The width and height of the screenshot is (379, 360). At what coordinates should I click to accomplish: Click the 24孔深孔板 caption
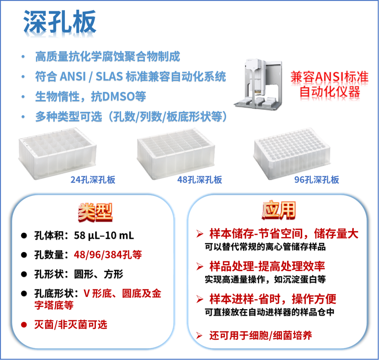(93, 180)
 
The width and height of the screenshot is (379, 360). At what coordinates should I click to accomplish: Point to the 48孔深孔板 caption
(200, 180)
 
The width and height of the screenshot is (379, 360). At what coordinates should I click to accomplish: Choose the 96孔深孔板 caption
(317, 180)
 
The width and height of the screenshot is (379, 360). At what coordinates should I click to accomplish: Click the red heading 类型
(95, 212)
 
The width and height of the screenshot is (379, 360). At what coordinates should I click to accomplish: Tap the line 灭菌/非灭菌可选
(71, 325)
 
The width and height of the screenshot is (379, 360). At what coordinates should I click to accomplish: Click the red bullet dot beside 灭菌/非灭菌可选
(24, 325)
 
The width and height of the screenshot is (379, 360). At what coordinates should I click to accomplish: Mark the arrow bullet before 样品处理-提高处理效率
(200, 266)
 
